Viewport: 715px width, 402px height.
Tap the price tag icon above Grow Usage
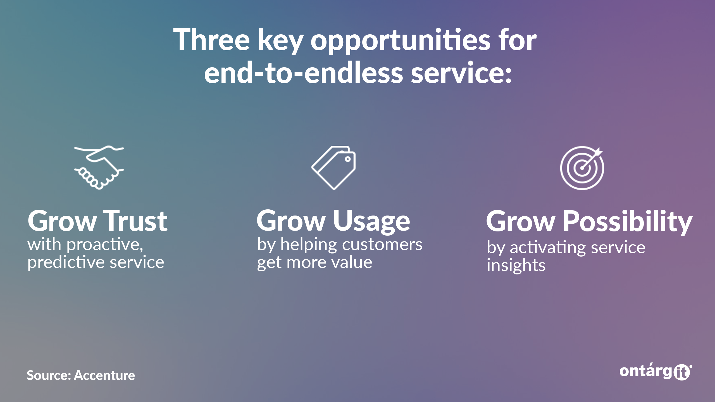[333, 168]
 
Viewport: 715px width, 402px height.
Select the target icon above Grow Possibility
[582, 168]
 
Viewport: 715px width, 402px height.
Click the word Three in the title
[211, 39]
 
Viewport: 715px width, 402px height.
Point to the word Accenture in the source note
[104, 375]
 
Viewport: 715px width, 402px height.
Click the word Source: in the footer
[49, 375]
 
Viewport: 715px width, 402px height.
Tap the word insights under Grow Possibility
[516, 265]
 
